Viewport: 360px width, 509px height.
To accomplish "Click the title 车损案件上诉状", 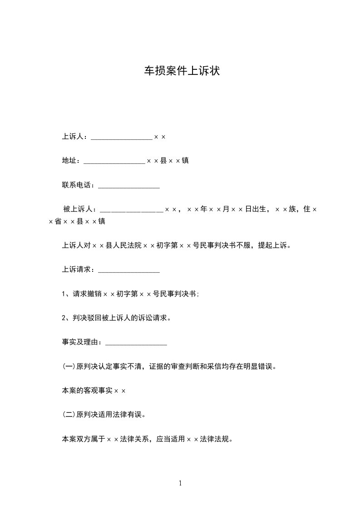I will [x=182, y=71].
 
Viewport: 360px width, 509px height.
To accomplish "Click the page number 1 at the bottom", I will [x=180, y=483].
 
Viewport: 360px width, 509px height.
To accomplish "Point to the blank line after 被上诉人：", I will [x=131, y=210].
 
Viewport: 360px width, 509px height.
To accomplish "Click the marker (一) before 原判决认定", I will [x=69, y=367].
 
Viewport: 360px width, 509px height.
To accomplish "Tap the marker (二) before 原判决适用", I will [x=69, y=415].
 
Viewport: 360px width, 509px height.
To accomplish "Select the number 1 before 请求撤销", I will [x=64, y=294].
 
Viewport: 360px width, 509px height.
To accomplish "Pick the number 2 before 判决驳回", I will [x=64, y=318].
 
